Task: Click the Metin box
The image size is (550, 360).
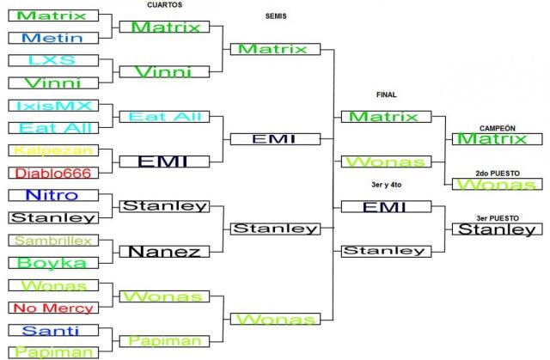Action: pos(52,38)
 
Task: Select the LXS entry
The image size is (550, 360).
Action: pos(52,60)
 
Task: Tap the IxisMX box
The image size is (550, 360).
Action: pos(52,106)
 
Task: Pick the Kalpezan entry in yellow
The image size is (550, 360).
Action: pos(52,150)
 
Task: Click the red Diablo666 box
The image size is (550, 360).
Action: pos(52,173)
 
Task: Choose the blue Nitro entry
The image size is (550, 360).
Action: pos(52,195)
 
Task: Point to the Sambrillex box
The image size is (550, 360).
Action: pos(52,241)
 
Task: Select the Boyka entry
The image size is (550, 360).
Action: pos(52,263)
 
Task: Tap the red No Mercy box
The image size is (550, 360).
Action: pos(52,308)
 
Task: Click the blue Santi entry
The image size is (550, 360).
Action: pos(52,331)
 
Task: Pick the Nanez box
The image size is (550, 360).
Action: pos(164,252)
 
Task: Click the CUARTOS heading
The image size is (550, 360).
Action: pos(164,5)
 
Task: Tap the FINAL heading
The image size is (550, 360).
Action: pos(386,95)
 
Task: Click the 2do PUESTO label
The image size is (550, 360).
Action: pos(497,173)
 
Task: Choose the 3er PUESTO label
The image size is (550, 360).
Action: pos(497,217)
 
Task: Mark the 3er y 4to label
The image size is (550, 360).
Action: pos(386,184)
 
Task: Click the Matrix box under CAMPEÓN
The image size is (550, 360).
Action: pos(497,139)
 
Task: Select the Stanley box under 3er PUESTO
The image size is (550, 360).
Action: pos(497,229)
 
